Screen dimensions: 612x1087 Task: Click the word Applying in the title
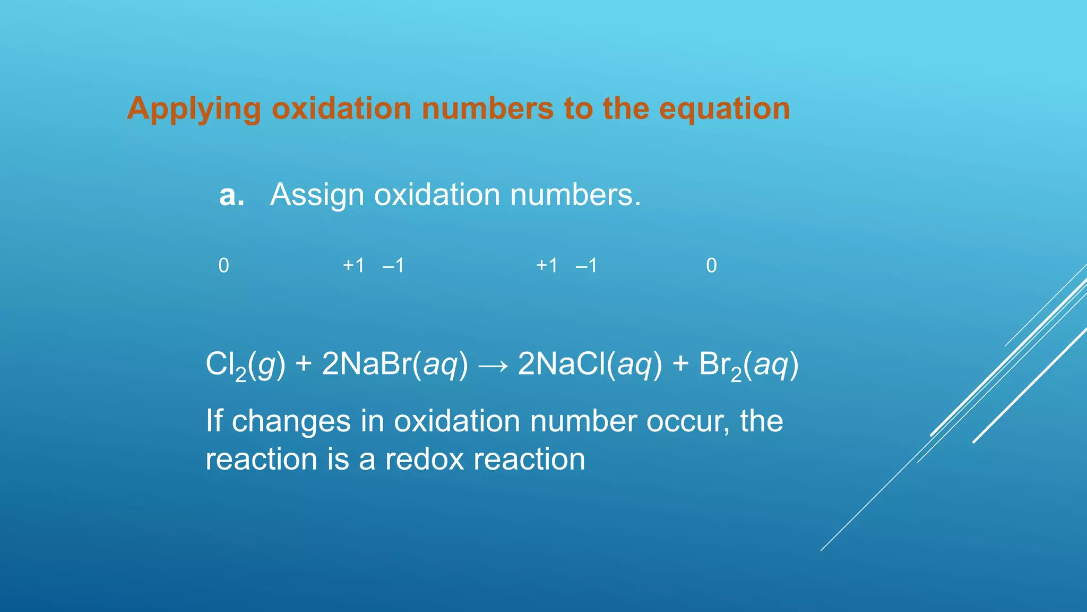[194, 109]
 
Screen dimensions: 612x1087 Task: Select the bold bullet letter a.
[231, 195]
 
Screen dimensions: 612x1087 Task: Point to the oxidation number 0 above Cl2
[223, 266]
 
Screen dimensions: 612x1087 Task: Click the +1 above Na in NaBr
[353, 266]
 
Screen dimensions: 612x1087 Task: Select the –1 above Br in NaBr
[393, 266]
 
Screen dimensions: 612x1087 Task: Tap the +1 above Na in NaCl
[547, 266]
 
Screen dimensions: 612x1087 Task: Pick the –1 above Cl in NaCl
[586, 266]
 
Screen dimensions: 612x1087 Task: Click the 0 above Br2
[711, 266]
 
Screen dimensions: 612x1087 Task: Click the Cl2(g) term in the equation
[245, 365]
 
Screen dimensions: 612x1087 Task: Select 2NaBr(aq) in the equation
[395, 365]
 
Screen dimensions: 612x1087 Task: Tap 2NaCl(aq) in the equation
[590, 365]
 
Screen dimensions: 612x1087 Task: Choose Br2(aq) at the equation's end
[748, 365]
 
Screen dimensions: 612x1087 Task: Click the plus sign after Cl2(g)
[304, 365]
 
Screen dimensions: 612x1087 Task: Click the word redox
[425, 460]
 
